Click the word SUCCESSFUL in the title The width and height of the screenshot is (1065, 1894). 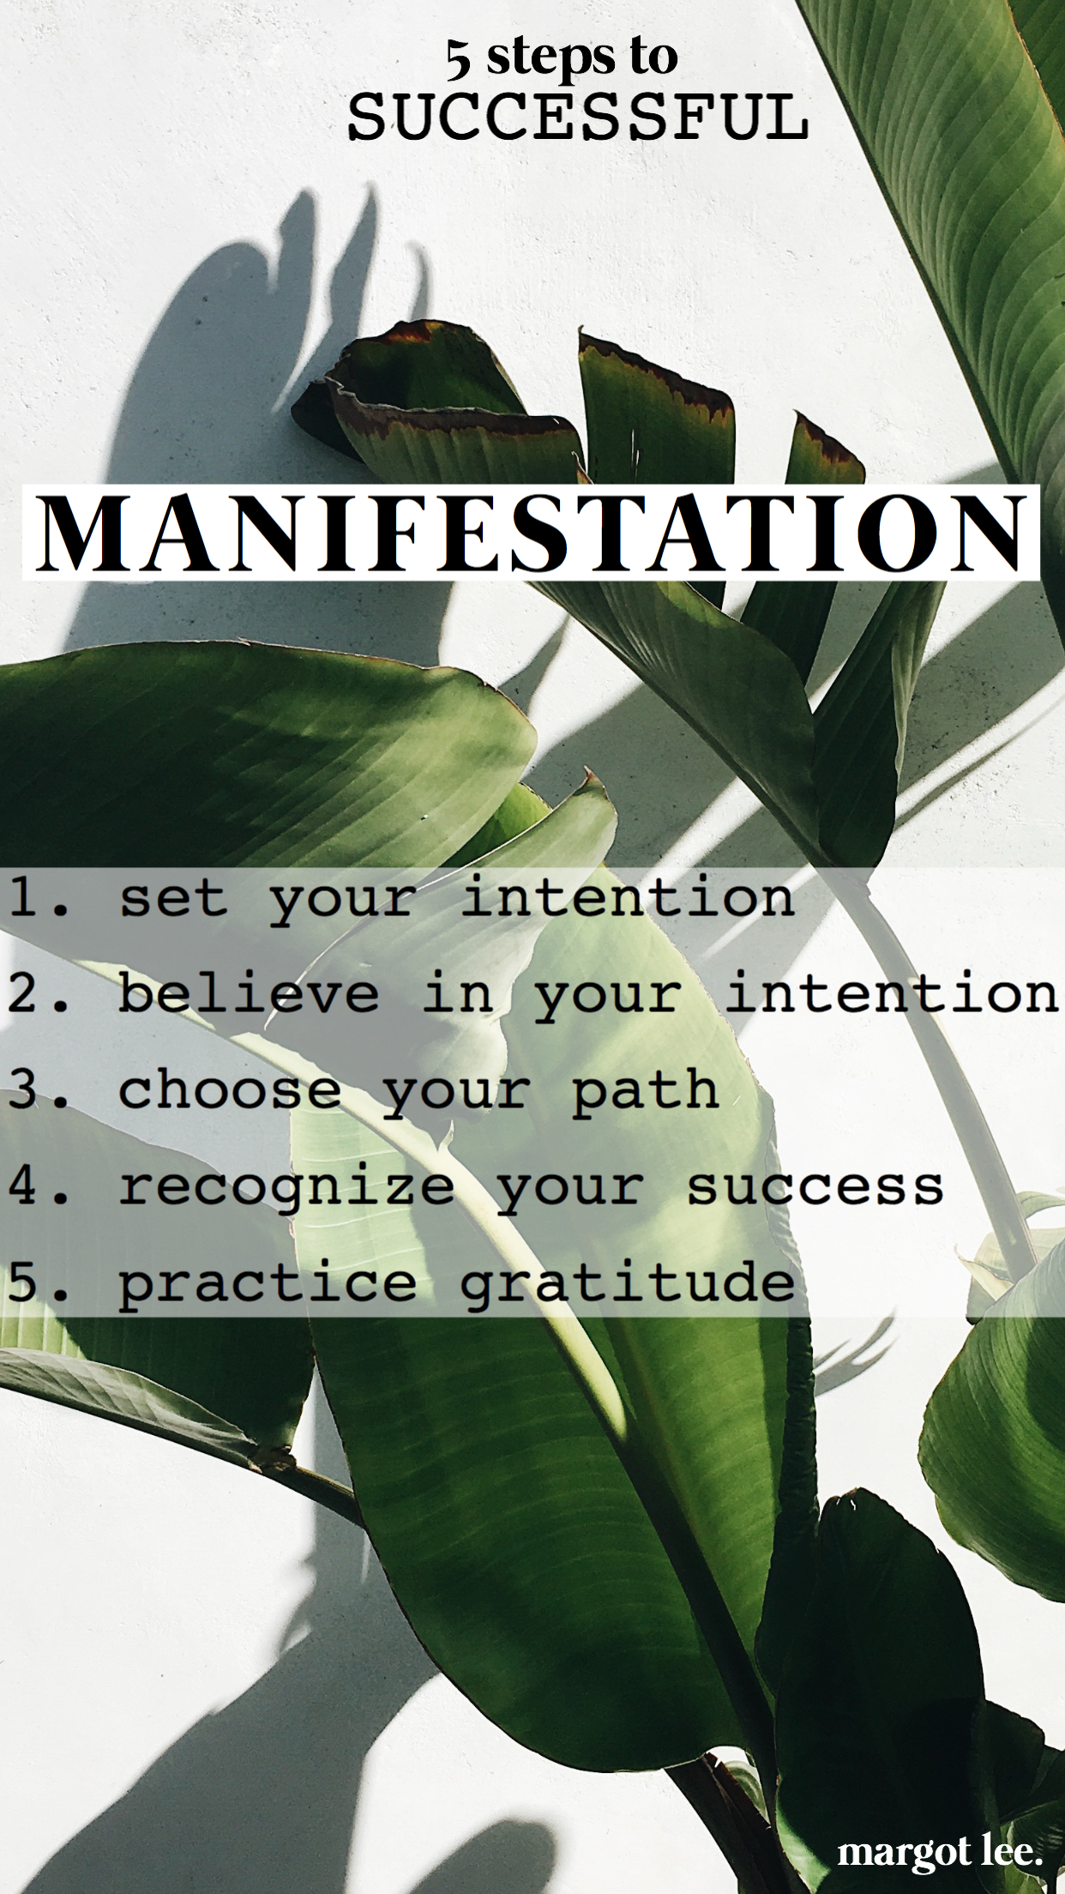(x=578, y=118)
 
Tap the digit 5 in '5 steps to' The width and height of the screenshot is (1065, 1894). (x=457, y=59)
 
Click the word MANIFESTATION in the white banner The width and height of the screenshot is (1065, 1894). (x=531, y=533)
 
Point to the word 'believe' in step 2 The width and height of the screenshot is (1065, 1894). (x=249, y=993)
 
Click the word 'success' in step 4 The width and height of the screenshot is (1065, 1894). (x=815, y=1188)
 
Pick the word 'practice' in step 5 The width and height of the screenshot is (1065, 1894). (x=268, y=1286)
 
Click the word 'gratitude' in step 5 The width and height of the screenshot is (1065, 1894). (x=628, y=1284)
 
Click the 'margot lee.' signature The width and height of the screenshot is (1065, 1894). (x=940, y=1854)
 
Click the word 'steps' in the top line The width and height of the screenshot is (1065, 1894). (x=551, y=59)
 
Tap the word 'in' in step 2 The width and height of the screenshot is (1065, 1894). (x=458, y=993)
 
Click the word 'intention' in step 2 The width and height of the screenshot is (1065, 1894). (x=893, y=993)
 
